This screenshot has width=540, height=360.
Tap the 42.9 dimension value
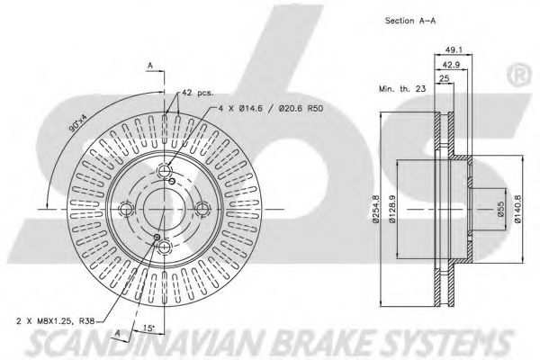click(x=452, y=65)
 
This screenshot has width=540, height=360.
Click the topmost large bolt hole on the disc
click(x=166, y=174)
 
